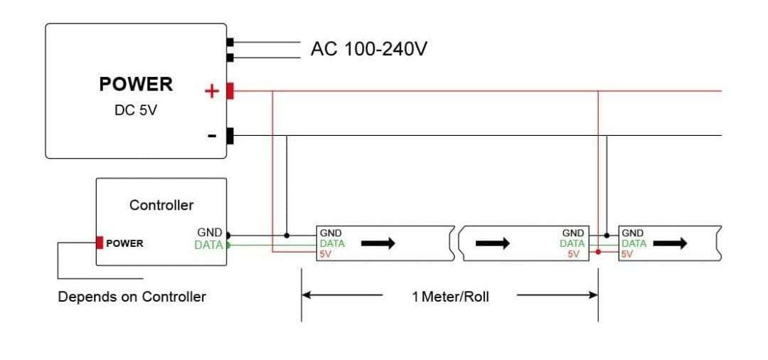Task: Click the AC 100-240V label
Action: point(368,49)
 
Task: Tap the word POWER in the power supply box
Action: point(135,84)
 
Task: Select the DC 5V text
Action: point(135,112)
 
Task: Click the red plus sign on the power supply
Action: point(211,91)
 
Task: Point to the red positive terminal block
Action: point(230,91)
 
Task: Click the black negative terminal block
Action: point(230,135)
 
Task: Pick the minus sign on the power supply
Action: point(212,136)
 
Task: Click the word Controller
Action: point(161,205)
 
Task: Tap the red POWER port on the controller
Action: point(100,243)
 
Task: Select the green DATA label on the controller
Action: point(208,245)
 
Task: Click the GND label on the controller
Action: point(209,233)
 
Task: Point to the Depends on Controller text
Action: point(132,297)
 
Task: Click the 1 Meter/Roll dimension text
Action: point(450,296)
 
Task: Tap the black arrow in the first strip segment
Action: point(378,243)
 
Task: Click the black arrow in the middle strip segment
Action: point(492,243)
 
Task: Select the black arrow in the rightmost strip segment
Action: point(670,243)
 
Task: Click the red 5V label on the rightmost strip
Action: point(627,253)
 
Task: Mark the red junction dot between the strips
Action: point(598,252)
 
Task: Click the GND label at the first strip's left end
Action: point(331,233)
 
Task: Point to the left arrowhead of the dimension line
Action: point(306,295)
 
